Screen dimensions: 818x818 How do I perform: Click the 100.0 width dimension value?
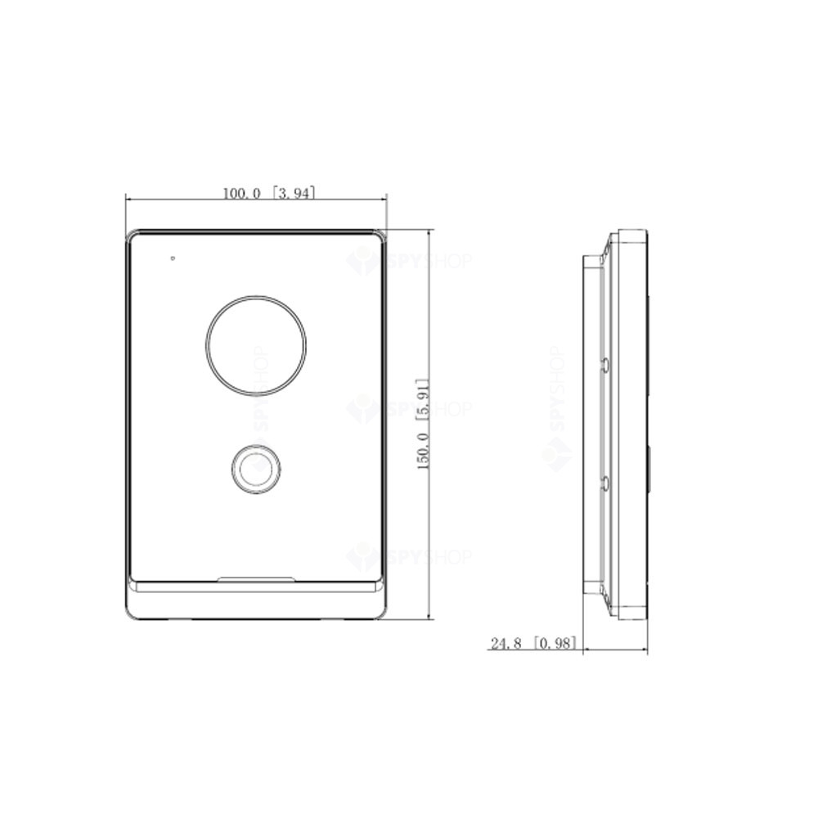(241, 194)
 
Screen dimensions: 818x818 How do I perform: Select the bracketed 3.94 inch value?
(294, 194)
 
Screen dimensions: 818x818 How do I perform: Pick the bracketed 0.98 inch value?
(555, 644)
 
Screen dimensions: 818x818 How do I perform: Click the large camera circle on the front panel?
(256, 341)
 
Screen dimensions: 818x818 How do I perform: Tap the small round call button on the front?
(255, 469)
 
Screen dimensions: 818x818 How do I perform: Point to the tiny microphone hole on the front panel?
(173, 258)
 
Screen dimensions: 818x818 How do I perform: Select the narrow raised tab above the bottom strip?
(256, 578)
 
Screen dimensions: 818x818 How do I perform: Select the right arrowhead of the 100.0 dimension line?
(383, 199)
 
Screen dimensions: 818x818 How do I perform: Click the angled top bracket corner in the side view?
(609, 242)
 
